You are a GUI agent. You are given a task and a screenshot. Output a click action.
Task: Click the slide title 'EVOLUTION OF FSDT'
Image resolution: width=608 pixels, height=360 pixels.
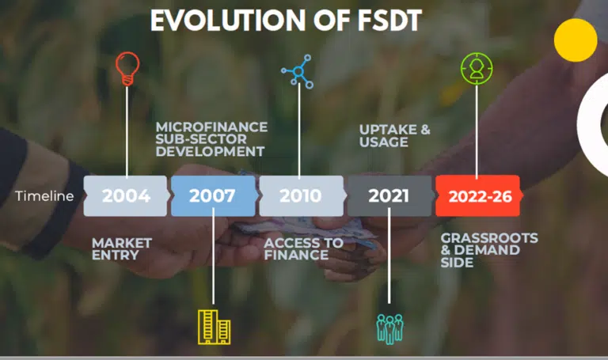286,20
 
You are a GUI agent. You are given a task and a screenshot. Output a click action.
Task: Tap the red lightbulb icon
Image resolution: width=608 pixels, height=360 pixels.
127,69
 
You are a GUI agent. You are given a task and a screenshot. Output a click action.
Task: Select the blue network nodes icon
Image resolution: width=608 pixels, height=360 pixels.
298,71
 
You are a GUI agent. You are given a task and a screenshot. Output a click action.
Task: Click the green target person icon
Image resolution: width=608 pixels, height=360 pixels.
477,69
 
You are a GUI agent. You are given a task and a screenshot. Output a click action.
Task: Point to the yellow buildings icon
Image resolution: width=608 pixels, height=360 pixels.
214,327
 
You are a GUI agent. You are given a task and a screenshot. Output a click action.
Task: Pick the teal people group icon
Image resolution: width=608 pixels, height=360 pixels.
389,329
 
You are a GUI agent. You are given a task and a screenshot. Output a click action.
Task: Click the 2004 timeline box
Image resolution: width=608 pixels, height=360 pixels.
126,195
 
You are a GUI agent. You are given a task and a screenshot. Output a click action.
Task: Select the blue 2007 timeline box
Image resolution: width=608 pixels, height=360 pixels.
213,195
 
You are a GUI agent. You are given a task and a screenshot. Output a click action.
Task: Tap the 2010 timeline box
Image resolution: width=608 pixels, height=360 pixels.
302,195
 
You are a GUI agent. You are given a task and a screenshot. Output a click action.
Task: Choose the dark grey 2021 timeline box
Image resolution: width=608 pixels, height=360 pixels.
389,195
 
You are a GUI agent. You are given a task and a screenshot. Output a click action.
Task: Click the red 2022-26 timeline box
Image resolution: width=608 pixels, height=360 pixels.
478,195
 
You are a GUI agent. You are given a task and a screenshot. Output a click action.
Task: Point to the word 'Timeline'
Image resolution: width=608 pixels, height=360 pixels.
44,196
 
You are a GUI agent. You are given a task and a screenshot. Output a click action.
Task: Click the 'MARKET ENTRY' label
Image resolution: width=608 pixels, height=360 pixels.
122,248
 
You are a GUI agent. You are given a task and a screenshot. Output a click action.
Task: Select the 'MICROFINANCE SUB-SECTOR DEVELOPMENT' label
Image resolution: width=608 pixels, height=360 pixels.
211,139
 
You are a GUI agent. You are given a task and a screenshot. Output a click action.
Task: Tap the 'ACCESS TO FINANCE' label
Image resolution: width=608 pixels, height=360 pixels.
304,248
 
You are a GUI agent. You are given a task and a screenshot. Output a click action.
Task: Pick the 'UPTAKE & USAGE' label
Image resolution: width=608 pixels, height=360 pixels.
395,135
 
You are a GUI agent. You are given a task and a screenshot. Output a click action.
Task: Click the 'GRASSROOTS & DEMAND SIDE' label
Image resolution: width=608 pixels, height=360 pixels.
489,250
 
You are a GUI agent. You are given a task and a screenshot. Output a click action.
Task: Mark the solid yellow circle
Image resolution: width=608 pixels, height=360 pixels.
576,40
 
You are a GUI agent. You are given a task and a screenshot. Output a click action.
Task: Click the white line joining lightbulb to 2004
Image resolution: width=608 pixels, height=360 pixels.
127,131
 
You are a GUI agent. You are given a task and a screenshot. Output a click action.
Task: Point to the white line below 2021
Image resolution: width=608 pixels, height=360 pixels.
389,256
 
